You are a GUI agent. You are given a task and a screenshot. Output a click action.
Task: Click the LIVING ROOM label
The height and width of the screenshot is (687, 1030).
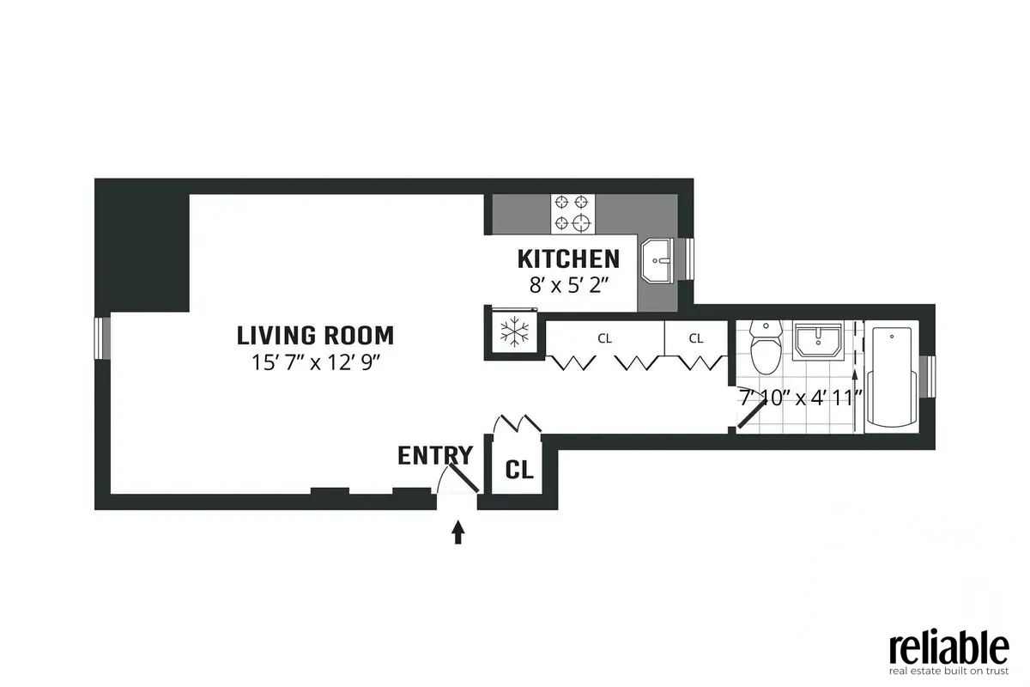(315, 334)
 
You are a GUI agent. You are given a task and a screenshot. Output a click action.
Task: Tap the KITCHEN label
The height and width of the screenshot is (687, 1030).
(567, 258)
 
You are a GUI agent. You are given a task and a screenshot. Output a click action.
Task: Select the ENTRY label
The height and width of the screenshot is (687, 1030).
(434, 455)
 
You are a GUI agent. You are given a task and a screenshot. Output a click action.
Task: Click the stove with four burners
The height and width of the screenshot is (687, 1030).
(573, 213)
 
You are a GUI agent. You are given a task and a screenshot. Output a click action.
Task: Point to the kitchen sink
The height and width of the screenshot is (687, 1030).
(659, 259)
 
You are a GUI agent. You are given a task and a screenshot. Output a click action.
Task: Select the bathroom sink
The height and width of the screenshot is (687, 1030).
(818, 341)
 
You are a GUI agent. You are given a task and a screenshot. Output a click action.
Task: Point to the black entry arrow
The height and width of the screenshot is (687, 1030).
(457, 532)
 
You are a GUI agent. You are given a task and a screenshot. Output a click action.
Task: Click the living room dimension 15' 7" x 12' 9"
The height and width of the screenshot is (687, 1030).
(315, 362)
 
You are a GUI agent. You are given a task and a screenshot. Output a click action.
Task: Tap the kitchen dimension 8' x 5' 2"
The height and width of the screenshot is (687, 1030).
(567, 285)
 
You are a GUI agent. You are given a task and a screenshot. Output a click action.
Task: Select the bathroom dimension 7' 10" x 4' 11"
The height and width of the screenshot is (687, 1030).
(800, 398)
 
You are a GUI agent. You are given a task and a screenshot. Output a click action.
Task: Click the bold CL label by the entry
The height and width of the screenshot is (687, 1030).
(518, 470)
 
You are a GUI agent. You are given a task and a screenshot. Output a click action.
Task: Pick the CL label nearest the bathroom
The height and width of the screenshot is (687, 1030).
(695, 338)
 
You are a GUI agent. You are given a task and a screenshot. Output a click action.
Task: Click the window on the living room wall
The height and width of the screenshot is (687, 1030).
(103, 337)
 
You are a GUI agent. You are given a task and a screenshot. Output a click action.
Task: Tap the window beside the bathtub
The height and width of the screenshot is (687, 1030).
(929, 376)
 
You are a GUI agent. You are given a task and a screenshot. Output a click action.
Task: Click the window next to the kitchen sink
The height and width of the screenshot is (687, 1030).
(688, 259)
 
